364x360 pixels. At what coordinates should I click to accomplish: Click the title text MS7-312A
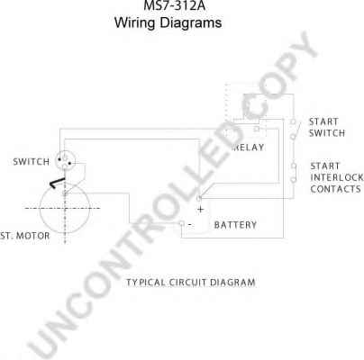(x=175, y=5)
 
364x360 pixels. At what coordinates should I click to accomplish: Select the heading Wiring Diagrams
(x=168, y=22)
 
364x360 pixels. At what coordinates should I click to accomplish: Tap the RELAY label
(x=249, y=148)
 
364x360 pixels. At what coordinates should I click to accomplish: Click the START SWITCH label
(x=327, y=128)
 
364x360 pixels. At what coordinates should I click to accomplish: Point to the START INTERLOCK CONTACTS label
(x=336, y=177)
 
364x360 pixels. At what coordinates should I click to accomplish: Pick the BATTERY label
(x=235, y=225)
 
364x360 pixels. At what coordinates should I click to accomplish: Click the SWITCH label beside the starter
(x=32, y=162)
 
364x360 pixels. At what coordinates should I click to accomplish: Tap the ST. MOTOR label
(x=25, y=236)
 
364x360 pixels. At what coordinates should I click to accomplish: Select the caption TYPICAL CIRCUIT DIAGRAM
(x=191, y=283)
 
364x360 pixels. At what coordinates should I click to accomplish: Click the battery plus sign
(x=200, y=210)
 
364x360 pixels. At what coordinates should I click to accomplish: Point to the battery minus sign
(x=190, y=224)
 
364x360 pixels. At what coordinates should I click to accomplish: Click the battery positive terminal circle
(x=198, y=198)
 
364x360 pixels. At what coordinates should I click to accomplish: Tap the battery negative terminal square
(x=182, y=223)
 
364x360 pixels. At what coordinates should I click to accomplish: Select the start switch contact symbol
(x=294, y=130)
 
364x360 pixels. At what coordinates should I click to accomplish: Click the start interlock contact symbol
(x=294, y=173)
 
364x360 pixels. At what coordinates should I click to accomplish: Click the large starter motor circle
(x=40, y=209)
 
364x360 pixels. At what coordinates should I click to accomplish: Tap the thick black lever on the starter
(x=57, y=183)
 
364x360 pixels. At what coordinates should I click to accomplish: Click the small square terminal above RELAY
(x=257, y=129)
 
